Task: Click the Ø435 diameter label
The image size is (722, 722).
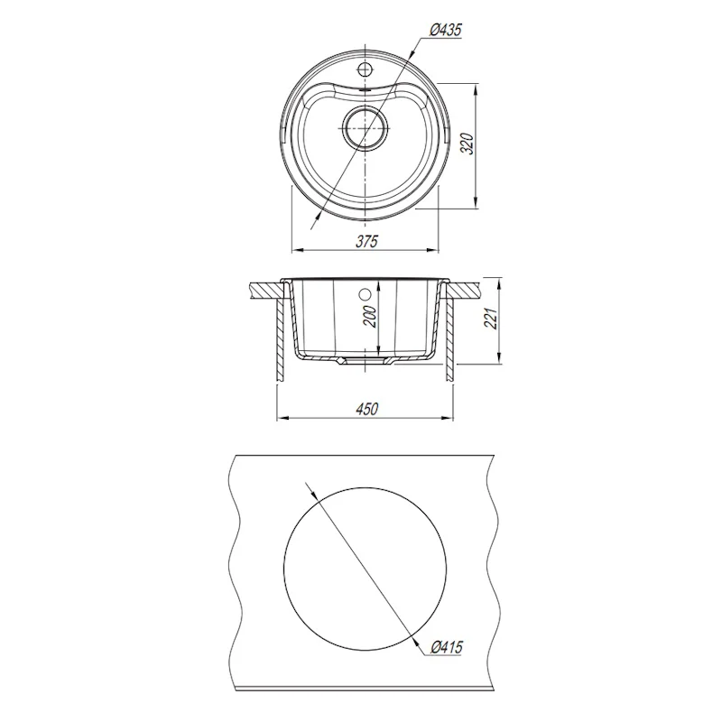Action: pyautogui.click(x=445, y=31)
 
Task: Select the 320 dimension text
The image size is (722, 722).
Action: pyautogui.click(x=467, y=144)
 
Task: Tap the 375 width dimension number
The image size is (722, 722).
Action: pyautogui.click(x=366, y=241)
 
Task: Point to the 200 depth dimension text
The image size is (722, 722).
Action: pyautogui.click(x=371, y=317)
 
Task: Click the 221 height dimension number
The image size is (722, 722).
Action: pyautogui.click(x=492, y=319)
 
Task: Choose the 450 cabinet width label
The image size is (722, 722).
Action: pyautogui.click(x=366, y=409)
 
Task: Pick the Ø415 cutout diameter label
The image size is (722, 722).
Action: pyautogui.click(x=446, y=647)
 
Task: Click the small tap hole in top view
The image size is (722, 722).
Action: pyautogui.click(x=365, y=70)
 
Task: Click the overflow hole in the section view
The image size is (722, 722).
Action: pyautogui.click(x=365, y=293)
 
